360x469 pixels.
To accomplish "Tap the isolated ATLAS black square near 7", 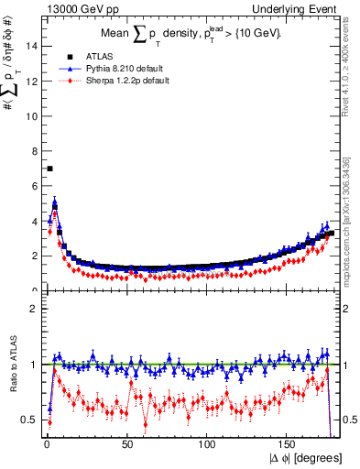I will click(49, 169).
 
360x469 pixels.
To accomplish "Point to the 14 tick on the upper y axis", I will click(33, 45).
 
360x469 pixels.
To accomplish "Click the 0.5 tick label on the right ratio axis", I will click(350, 420).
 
